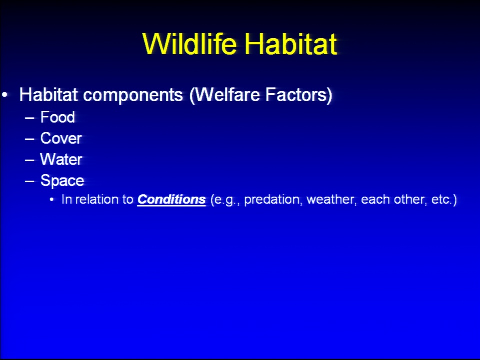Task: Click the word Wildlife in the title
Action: pyautogui.click(x=190, y=44)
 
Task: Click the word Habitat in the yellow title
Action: pyautogui.click(x=291, y=44)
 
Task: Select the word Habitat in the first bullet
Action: pyautogui.click(x=48, y=94)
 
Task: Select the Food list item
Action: pyautogui.click(x=58, y=117)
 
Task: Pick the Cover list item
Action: pyautogui.click(x=61, y=138)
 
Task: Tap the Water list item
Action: pyautogui.click(x=61, y=159)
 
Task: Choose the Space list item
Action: pyautogui.click(x=62, y=181)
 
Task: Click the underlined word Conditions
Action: pyautogui.click(x=171, y=199)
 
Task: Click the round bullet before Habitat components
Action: pyautogui.click(x=4, y=95)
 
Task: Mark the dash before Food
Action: pyautogui.click(x=29, y=118)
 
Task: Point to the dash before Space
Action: pyautogui.click(x=29, y=181)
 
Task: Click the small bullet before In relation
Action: pyautogui.click(x=51, y=200)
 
